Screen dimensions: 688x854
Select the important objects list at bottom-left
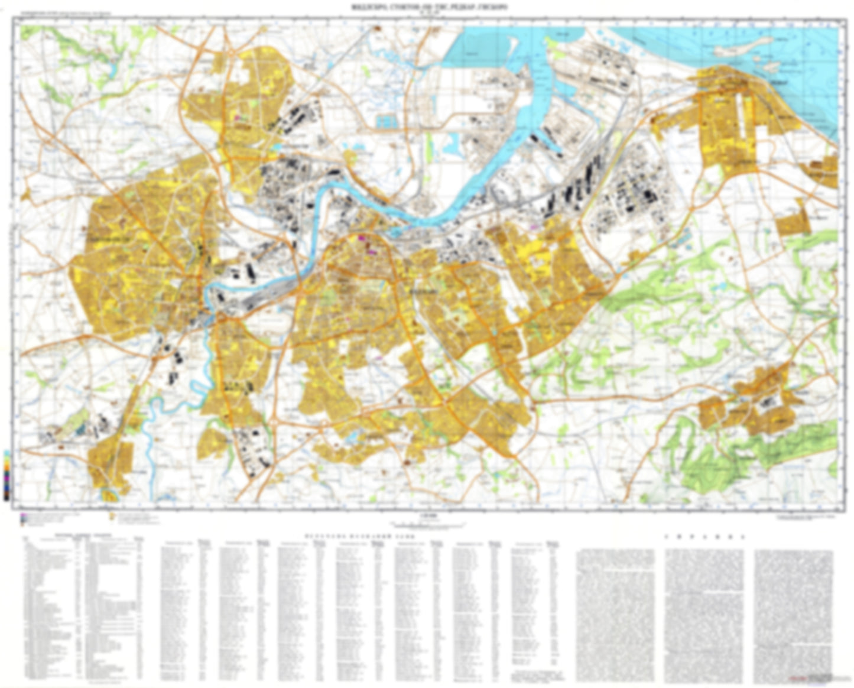(x=83, y=609)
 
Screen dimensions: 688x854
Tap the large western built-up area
(x=142, y=260)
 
